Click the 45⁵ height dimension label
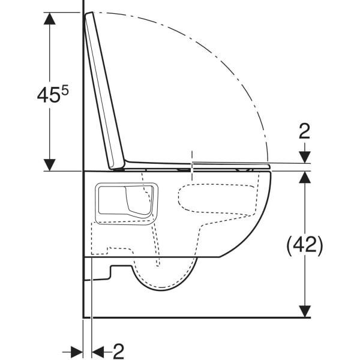point(53,94)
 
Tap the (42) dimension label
point(305,245)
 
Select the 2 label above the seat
point(304,131)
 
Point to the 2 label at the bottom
point(118,351)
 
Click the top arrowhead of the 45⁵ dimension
point(50,18)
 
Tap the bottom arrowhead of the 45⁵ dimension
point(50,165)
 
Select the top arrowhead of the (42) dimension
point(305,177)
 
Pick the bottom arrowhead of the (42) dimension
point(305,311)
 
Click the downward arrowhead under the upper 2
point(305,157)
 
